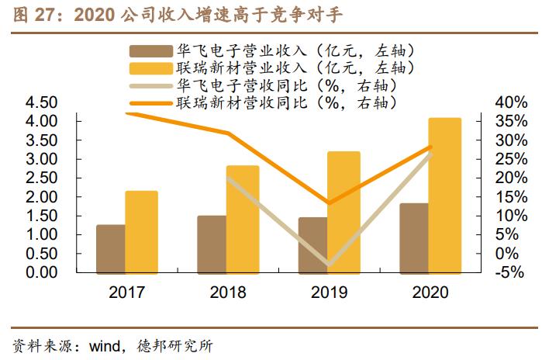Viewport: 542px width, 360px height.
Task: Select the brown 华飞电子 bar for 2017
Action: pos(110,248)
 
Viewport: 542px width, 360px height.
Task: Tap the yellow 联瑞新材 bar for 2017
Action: pos(141,231)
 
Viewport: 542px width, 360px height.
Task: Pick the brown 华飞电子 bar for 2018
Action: pos(211,244)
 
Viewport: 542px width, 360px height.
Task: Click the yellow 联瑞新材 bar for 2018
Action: pos(243,219)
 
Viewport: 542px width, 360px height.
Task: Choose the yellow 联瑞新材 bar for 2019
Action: pos(343,212)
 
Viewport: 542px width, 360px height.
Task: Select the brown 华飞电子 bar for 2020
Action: pos(413,237)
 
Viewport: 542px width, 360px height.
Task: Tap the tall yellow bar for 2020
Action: pos(445,195)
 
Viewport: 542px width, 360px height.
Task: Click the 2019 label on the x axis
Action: pos(328,292)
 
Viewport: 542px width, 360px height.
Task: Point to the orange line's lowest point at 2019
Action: pos(328,203)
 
